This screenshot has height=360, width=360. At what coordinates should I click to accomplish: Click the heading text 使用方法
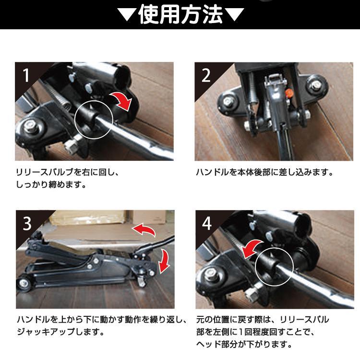click(180, 15)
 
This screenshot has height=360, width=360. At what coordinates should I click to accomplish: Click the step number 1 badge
click(25, 74)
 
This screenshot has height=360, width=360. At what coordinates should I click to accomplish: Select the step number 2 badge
click(205, 74)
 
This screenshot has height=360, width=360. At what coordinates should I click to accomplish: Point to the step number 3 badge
click(25, 222)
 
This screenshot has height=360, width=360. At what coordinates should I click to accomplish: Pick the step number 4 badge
click(205, 222)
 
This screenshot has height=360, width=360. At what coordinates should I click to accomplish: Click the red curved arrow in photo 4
click(253, 248)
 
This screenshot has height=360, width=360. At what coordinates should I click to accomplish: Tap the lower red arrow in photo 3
click(165, 261)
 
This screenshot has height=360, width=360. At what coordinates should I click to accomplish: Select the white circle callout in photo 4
click(274, 265)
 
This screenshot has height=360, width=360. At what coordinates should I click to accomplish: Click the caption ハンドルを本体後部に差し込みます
click(264, 172)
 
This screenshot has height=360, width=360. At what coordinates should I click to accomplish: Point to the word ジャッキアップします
click(60, 332)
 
